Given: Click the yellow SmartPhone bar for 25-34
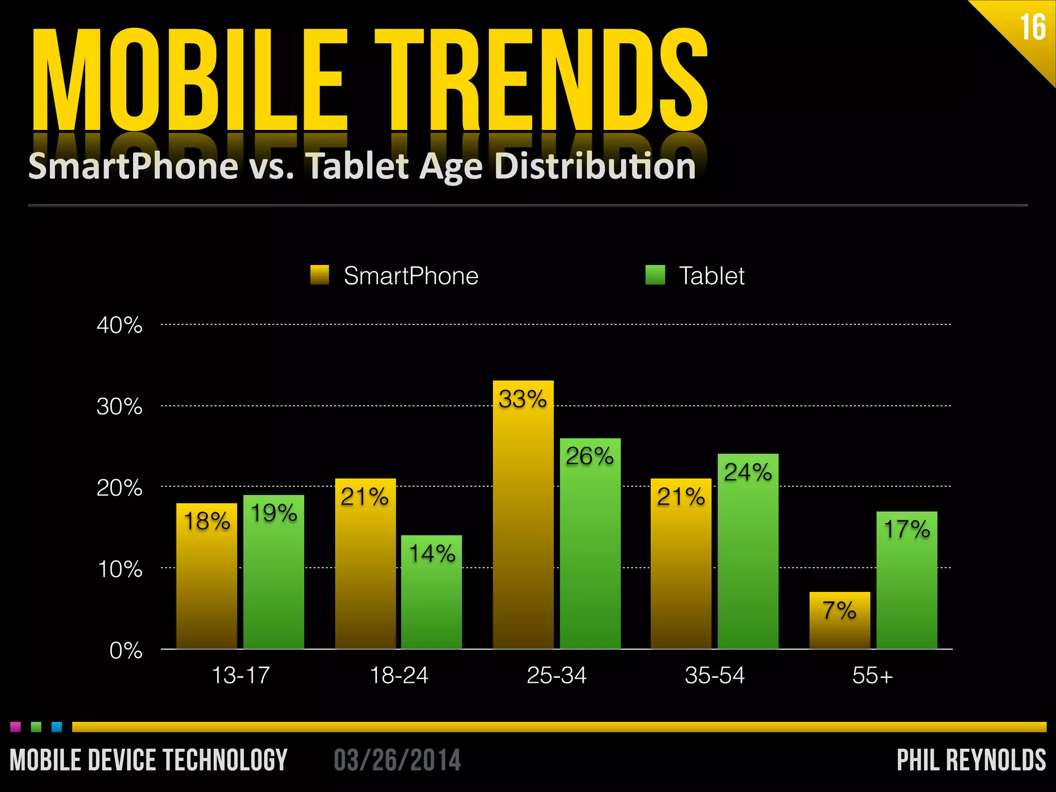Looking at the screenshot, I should pyautogui.click(x=523, y=516).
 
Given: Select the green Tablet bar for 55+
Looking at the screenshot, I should pyautogui.click(x=906, y=583).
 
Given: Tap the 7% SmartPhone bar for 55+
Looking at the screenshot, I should pyautogui.click(x=839, y=621).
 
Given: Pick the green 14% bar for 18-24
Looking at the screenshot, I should pyautogui.click(x=432, y=593).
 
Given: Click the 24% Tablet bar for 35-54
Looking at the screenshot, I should pyautogui.click(x=748, y=552).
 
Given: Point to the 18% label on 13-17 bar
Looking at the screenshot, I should pyautogui.click(x=207, y=521).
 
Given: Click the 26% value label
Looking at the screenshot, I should pyautogui.click(x=589, y=456).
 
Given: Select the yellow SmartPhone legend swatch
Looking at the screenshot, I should pyautogui.click(x=320, y=275).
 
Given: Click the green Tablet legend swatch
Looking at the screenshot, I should pyautogui.click(x=655, y=275).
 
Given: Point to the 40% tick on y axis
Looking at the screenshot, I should pyautogui.click(x=119, y=325).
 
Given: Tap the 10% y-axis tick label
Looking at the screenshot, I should pyautogui.click(x=119, y=570).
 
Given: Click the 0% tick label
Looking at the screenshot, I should pyautogui.click(x=125, y=651).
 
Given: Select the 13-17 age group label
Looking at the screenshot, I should pyautogui.click(x=240, y=675).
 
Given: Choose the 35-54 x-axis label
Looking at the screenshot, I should pyautogui.click(x=715, y=675).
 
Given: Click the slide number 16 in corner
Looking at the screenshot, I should pyautogui.click(x=1033, y=27).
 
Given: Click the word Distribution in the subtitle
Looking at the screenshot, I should pyautogui.click(x=595, y=166).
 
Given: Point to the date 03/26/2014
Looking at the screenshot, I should pyautogui.click(x=397, y=760).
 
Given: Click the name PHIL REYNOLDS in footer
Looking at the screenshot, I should pyautogui.click(x=971, y=760).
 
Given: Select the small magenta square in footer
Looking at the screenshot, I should pyautogui.click(x=15, y=727).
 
